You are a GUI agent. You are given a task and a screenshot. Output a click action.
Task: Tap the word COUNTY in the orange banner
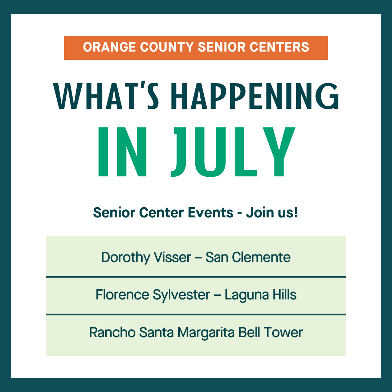pyautogui.click(x=167, y=47)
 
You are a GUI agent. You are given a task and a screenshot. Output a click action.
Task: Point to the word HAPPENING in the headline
pyautogui.click(x=255, y=96)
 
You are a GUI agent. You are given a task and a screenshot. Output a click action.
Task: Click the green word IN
pyautogui.click(x=122, y=152)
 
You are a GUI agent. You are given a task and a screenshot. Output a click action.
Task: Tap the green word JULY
pyautogui.click(x=233, y=152)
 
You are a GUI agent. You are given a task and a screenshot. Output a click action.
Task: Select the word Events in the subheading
pyautogui.click(x=211, y=212)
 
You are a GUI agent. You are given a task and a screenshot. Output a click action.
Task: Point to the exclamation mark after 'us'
pyautogui.click(x=296, y=212)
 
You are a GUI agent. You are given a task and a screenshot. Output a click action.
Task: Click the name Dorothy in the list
pyautogui.click(x=126, y=257)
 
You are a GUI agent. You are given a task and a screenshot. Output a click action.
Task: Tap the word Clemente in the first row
pyautogui.click(x=261, y=257)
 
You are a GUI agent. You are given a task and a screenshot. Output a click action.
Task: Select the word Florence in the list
pyautogui.click(x=122, y=295)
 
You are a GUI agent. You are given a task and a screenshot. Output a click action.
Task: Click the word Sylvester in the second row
pyautogui.click(x=181, y=295)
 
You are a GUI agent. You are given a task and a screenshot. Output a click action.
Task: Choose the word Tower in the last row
pyautogui.click(x=283, y=332)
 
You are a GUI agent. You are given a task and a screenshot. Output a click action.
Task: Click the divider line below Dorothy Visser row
pyautogui.click(x=196, y=277)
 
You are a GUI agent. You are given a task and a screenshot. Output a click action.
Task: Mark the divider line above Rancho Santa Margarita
pyautogui.click(x=196, y=314)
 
